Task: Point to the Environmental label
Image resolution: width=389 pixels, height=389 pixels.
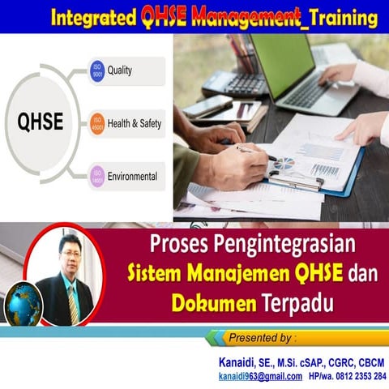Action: tap(133, 175)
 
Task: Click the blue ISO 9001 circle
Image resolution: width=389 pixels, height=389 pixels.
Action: tap(98, 71)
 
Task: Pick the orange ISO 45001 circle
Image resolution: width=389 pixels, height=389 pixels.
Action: tap(98, 123)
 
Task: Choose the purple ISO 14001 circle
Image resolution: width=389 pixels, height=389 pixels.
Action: tap(98, 175)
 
